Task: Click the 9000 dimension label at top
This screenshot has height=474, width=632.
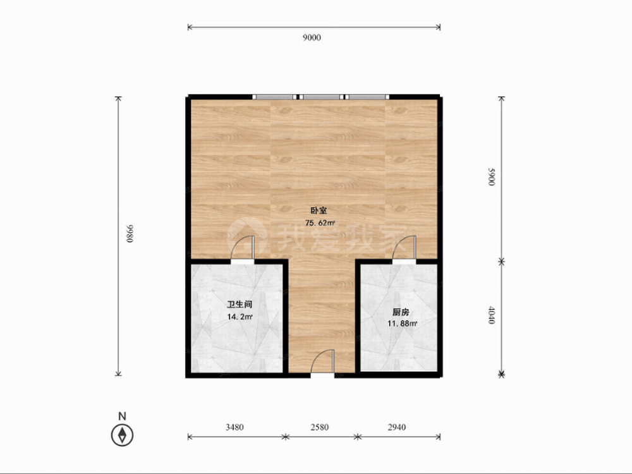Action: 312,37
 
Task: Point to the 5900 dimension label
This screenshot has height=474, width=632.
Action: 491,177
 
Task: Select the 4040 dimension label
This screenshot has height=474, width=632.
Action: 491,315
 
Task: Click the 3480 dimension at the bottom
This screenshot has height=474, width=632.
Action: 234,427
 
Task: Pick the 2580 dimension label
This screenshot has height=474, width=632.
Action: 319,427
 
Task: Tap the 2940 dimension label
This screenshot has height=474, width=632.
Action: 397,427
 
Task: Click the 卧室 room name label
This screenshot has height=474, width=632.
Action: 319,210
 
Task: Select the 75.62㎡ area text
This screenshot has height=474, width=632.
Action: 320,222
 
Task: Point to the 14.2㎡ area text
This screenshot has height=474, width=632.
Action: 240,317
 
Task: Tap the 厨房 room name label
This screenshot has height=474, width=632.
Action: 401,312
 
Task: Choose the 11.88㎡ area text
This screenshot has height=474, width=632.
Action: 402,323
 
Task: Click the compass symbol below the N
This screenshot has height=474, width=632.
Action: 122,435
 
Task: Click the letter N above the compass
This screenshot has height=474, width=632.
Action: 122,416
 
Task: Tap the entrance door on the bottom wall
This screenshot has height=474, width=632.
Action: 322,362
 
